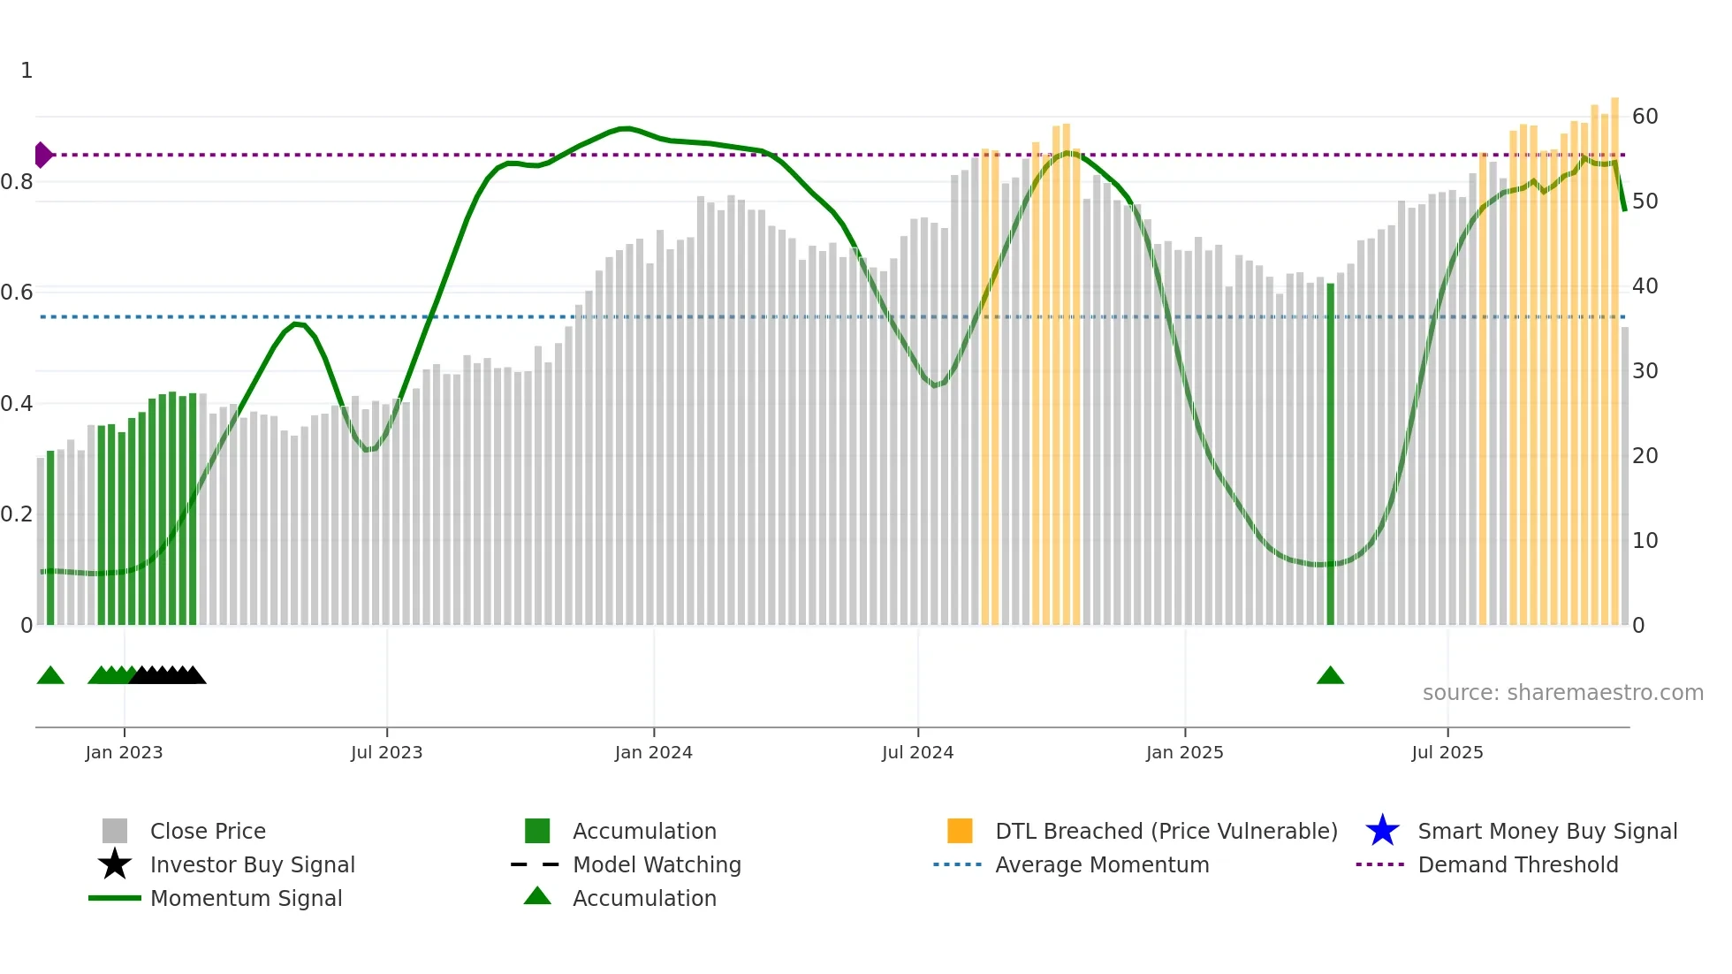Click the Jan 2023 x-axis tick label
pyautogui.click(x=124, y=752)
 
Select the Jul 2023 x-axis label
pyautogui.click(x=386, y=752)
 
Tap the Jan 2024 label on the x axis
pyautogui.click(x=653, y=752)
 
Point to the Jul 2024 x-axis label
pyautogui.click(x=917, y=752)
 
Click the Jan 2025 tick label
pyautogui.click(x=1184, y=752)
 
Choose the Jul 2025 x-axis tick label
pyautogui.click(x=1447, y=752)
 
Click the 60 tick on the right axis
pyautogui.click(x=1645, y=116)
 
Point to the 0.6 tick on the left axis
pyautogui.click(x=17, y=292)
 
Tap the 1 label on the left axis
pyautogui.click(x=27, y=70)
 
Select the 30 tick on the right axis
pyautogui.click(x=1645, y=370)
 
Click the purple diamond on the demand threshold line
pyautogui.click(x=42, y=155)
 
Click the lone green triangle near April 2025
pyautogui.click(x=1330, y=676)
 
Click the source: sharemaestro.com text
pyautogui.click(x=1562, y=692)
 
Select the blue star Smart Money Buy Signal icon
pyautogui.click(x=1382, y=831)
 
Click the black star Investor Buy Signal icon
pyautogui.click(x=115, y=864)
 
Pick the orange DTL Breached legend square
pyautogui.click(x=960, y=831)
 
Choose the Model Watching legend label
pyautogui.click(x=657, y=864)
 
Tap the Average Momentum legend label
pyautogui.click(x=1102, y=864)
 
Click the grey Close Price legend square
pyautogui.click(x=115, y=831)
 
